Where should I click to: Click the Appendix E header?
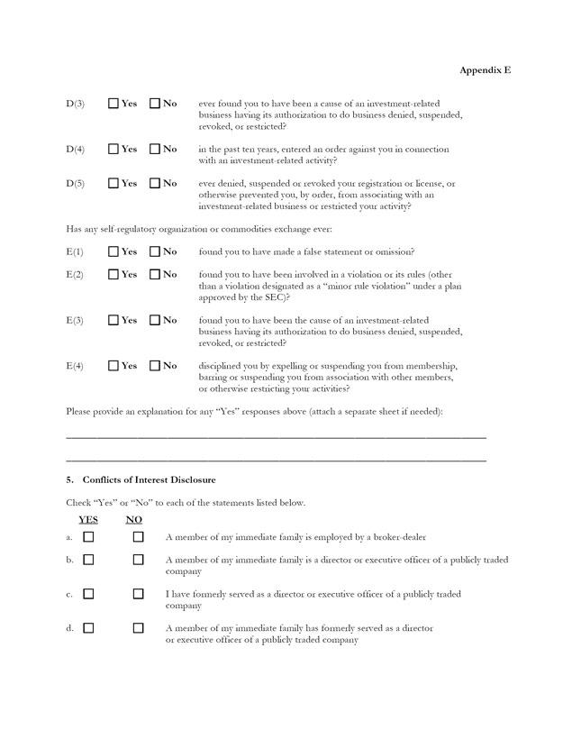tap(486, 69)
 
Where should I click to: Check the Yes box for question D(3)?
tap(114, 104)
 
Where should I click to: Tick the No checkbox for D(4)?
tap(155, 149)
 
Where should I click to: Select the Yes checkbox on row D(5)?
tap(114, 184)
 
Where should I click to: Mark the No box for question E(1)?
tap(155, 251)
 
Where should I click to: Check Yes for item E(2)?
tap(114, 274)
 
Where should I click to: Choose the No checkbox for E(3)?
tap(155, 320)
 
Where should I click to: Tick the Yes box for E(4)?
tap(114, 366)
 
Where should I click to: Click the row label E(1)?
tap(75, 251)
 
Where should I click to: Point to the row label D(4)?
tap(75, 149)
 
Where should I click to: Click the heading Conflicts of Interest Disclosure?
tap(150, 479)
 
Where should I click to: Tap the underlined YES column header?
tap(88, 519)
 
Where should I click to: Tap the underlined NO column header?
tap(133, 519)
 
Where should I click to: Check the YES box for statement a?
tap(88, 537)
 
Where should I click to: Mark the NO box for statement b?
tap(138, 560)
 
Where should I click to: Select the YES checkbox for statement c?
tap(88, 594)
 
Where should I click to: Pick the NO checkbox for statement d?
tap(138, 628)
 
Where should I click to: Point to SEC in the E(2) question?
tap(285, 297)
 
